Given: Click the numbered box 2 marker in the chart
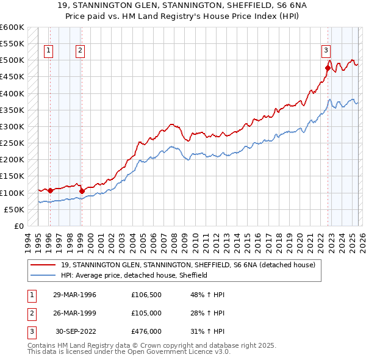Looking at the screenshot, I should tap(81, 51).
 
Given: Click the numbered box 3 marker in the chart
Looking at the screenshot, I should tap(326, 51).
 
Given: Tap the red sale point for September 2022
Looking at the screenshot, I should tap(328, 68).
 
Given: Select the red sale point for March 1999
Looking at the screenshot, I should tap(82, 191).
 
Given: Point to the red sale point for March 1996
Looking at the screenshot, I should tap(50, 190).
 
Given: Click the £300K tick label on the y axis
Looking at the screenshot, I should tap(12, 126).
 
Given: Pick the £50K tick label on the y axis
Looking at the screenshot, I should tap(14, 209).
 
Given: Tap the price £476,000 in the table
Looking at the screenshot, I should tap(146, 331).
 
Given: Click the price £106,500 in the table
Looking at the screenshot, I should tap(146, 295).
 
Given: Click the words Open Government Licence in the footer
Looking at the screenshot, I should tap(176, 353).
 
